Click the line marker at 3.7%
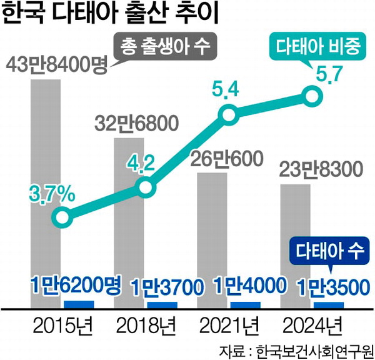point(61,217)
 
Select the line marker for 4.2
point(144,187)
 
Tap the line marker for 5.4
point(229,114)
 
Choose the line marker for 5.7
point(312,96)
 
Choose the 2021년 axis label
point(227,325)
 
